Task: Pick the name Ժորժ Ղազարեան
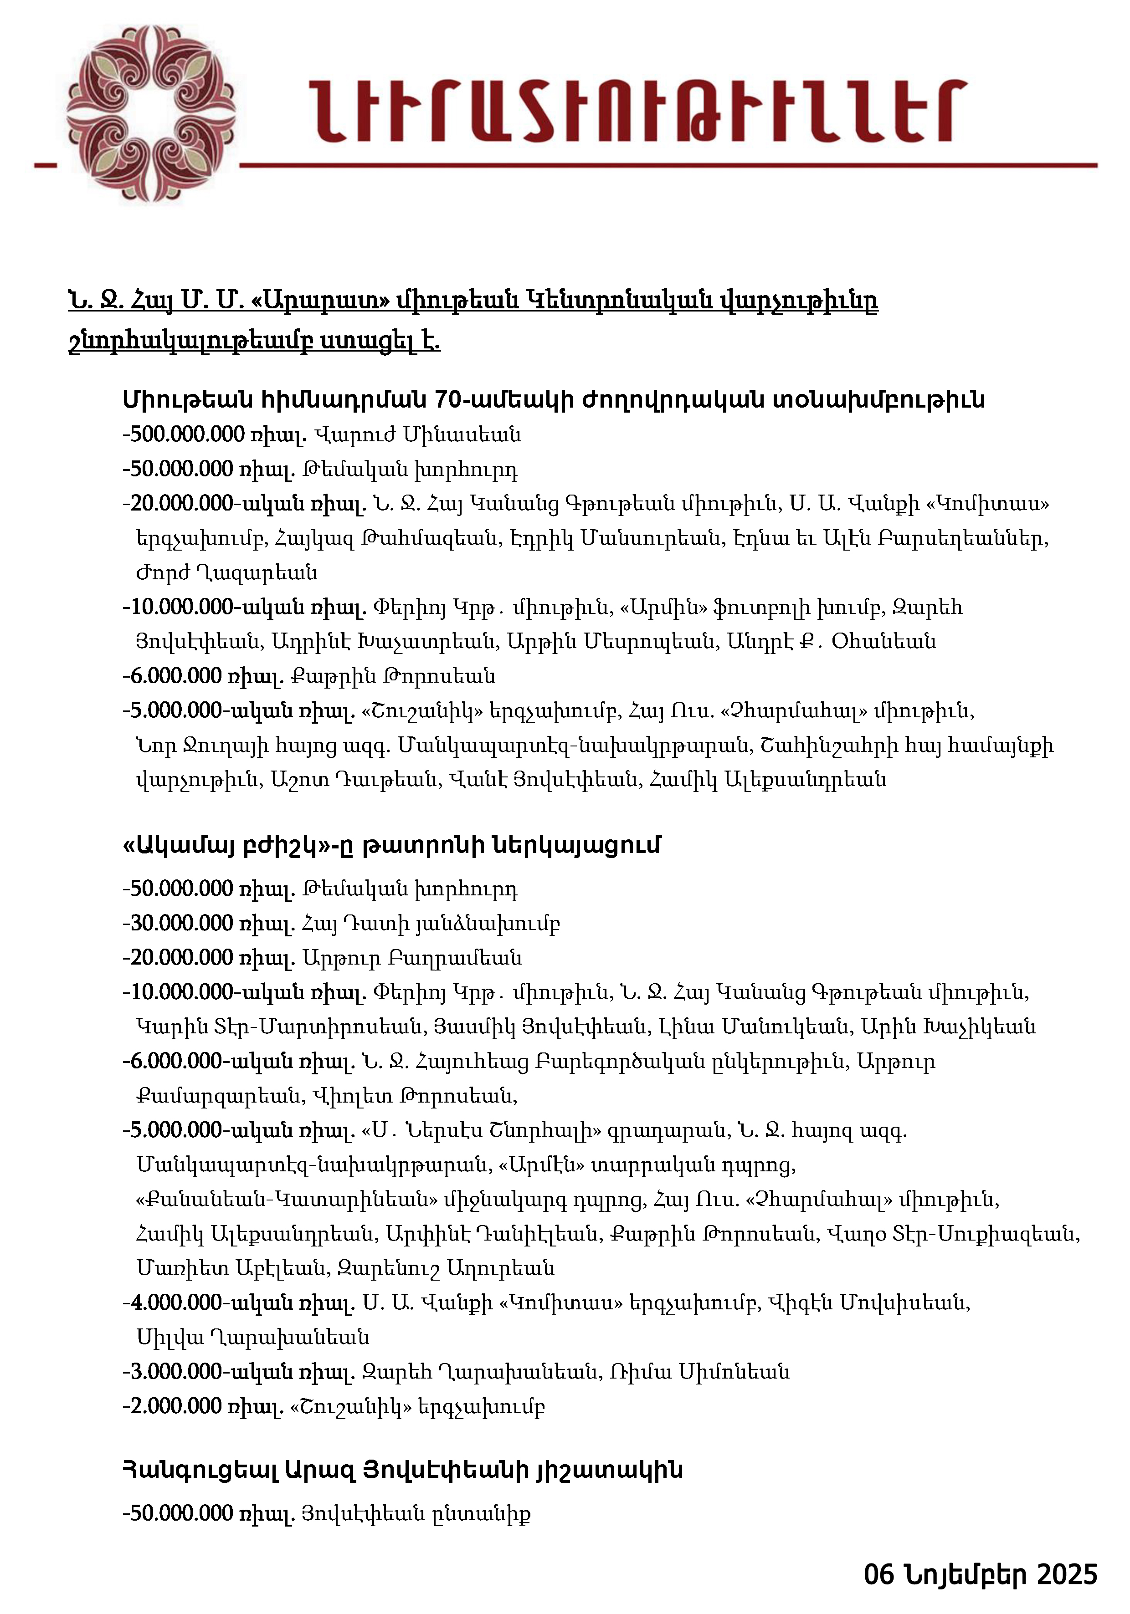(x=226, y=572)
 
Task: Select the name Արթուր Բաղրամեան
(x=412, y=957)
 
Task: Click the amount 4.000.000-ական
(x=209, y=1302)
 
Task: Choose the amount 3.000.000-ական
(x=209, y=1371)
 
